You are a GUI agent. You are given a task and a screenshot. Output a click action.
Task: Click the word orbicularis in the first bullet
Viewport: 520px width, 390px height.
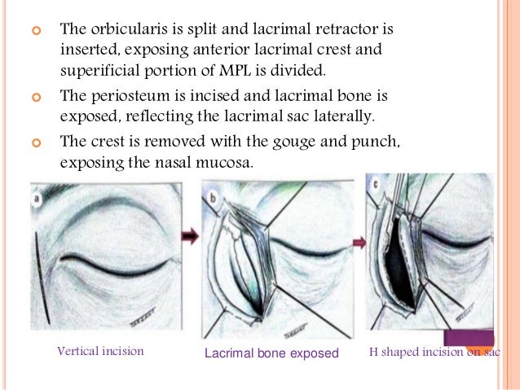[x=122, y=29]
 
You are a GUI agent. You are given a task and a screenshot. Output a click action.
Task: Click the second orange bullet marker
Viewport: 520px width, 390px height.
[x=34, y=96]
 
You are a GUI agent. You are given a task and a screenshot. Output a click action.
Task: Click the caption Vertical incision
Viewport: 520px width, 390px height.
[x=100, y=352]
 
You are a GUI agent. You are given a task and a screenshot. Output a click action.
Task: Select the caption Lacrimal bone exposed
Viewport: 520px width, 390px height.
[x=271, y=353]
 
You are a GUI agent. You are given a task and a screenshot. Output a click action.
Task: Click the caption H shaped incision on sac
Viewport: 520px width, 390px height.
[x=434, y=352]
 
